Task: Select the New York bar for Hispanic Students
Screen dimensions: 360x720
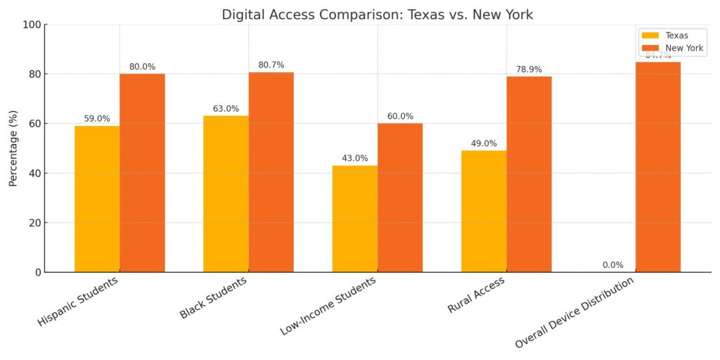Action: tap(142, 173)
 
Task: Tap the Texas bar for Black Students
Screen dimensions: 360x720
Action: tap(226, 194)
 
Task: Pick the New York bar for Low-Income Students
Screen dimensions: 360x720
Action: tap(400, 198)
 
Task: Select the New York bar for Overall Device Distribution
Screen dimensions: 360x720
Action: tap(658, 167)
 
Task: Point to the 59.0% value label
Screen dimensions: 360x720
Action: tap(97, 119)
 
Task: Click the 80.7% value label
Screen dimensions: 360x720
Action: tap(271, 65)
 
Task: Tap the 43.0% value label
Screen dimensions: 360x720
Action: tap(355, 158)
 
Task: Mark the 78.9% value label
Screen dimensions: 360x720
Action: tap(529, 70)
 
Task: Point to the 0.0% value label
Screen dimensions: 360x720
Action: tap(613, 265)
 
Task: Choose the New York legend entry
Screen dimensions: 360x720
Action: tap(671, 48)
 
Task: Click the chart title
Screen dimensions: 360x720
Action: tap(377, 14)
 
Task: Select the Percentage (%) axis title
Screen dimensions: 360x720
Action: tap(13, 148)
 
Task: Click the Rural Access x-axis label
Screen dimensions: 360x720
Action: tap(476, 295)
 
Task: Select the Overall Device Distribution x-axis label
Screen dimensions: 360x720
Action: tap(574, 312)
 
